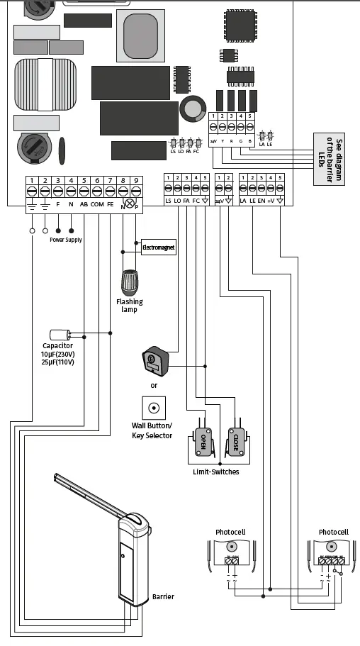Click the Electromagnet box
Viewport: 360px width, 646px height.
point(159,248)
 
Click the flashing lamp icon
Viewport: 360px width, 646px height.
point(129,282)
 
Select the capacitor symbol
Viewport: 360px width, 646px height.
point(60,334)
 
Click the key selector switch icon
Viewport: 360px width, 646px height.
point(153,360)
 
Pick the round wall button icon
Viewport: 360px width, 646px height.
point(152,408)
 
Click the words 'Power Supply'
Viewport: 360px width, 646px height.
point(65,240)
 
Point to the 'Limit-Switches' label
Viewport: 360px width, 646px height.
point(216,472)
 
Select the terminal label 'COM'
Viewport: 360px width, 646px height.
point(97,204)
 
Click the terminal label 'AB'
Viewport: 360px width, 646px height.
point(84,204)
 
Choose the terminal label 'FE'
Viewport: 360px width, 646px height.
point(110,204)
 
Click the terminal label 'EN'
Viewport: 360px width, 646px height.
point(261,201)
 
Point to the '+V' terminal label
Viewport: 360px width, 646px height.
point(271,201)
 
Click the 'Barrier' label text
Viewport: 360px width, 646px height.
point(163,596)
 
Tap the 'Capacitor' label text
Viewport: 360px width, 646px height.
point(57,346)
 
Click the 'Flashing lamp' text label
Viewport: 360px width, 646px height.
point(130,306)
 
